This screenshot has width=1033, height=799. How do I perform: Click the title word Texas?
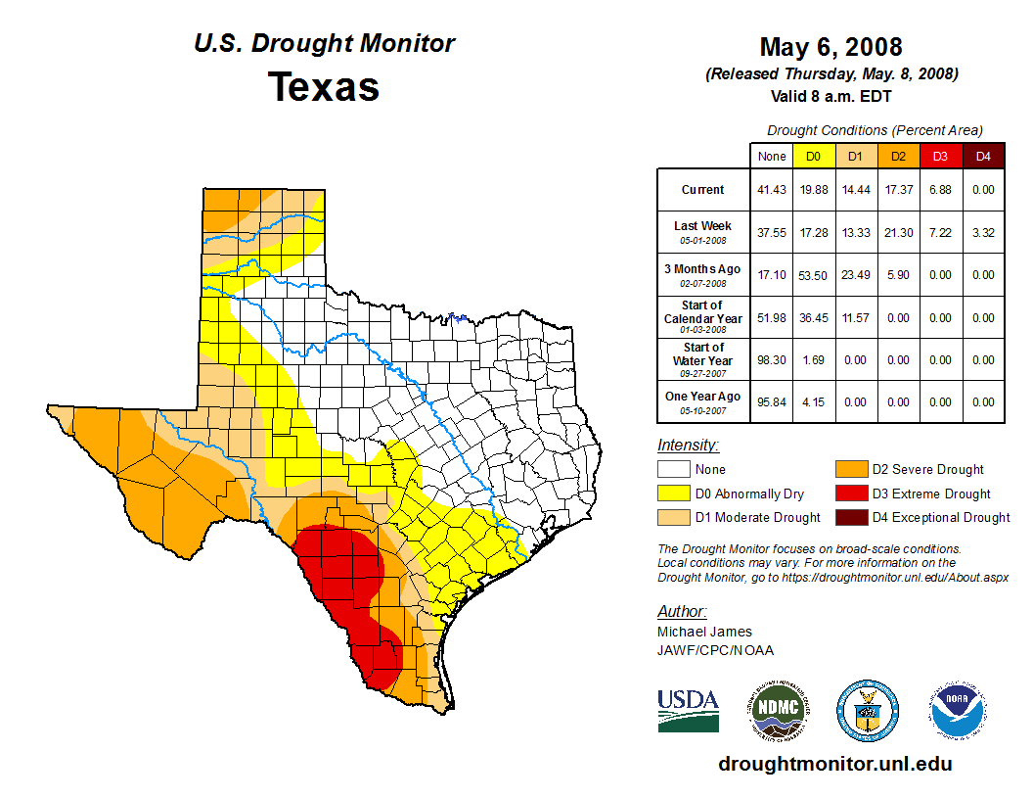click(324, 87)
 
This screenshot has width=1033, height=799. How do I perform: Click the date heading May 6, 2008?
click(831, 47)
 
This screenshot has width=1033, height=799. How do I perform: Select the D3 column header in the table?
click(939, 156)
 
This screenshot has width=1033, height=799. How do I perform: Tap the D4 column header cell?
click(983, 156)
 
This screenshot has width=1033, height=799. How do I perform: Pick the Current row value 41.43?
click(772, 190)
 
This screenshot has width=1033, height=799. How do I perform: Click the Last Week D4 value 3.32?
click(983, 232)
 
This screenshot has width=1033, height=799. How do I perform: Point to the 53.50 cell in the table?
click(813, 275)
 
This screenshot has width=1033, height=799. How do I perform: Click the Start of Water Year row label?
click(703, 359)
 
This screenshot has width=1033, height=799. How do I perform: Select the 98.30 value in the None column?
click(772, 359)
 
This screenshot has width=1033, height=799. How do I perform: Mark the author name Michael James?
click(704, 632)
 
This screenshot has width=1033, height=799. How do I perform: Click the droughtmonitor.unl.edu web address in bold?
click(834, 764)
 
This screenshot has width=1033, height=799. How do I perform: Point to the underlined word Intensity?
click(688, 446)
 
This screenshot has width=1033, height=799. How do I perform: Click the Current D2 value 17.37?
click(897, 190)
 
